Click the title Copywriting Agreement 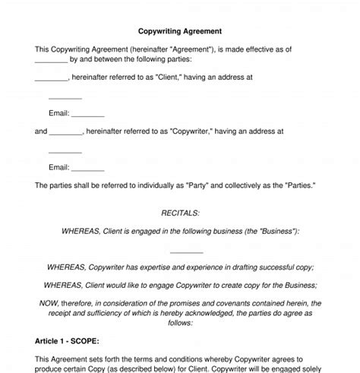coord(180,32)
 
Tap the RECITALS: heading coord(180,214)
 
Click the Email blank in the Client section coord(88,114)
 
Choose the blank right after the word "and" coord(66,131)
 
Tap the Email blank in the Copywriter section coord(88,168)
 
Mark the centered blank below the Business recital coord(186,251)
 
